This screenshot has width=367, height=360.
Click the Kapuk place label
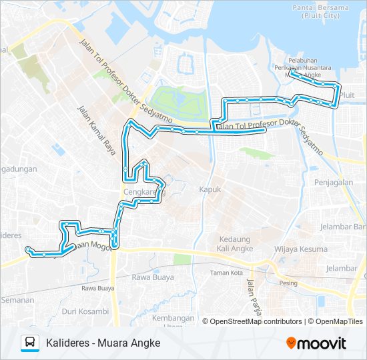pyautogui.click(x=210, y=189)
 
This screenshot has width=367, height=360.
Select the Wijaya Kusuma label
pyautogui.click(x=304, y=249)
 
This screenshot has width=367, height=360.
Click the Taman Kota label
pyautogui.click(x=227, y=273)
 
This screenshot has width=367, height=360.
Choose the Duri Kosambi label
pyautogui.click(x=85, y=311)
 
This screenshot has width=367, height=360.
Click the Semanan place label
pyautogui.click(x=17, y=300)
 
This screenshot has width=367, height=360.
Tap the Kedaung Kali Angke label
pyautogui.click(x=233, y=243)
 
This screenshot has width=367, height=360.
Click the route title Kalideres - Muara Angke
pyautogui.click(x=103, y=343)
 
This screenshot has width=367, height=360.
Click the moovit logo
pyautogui.click(x=316, y=343)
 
